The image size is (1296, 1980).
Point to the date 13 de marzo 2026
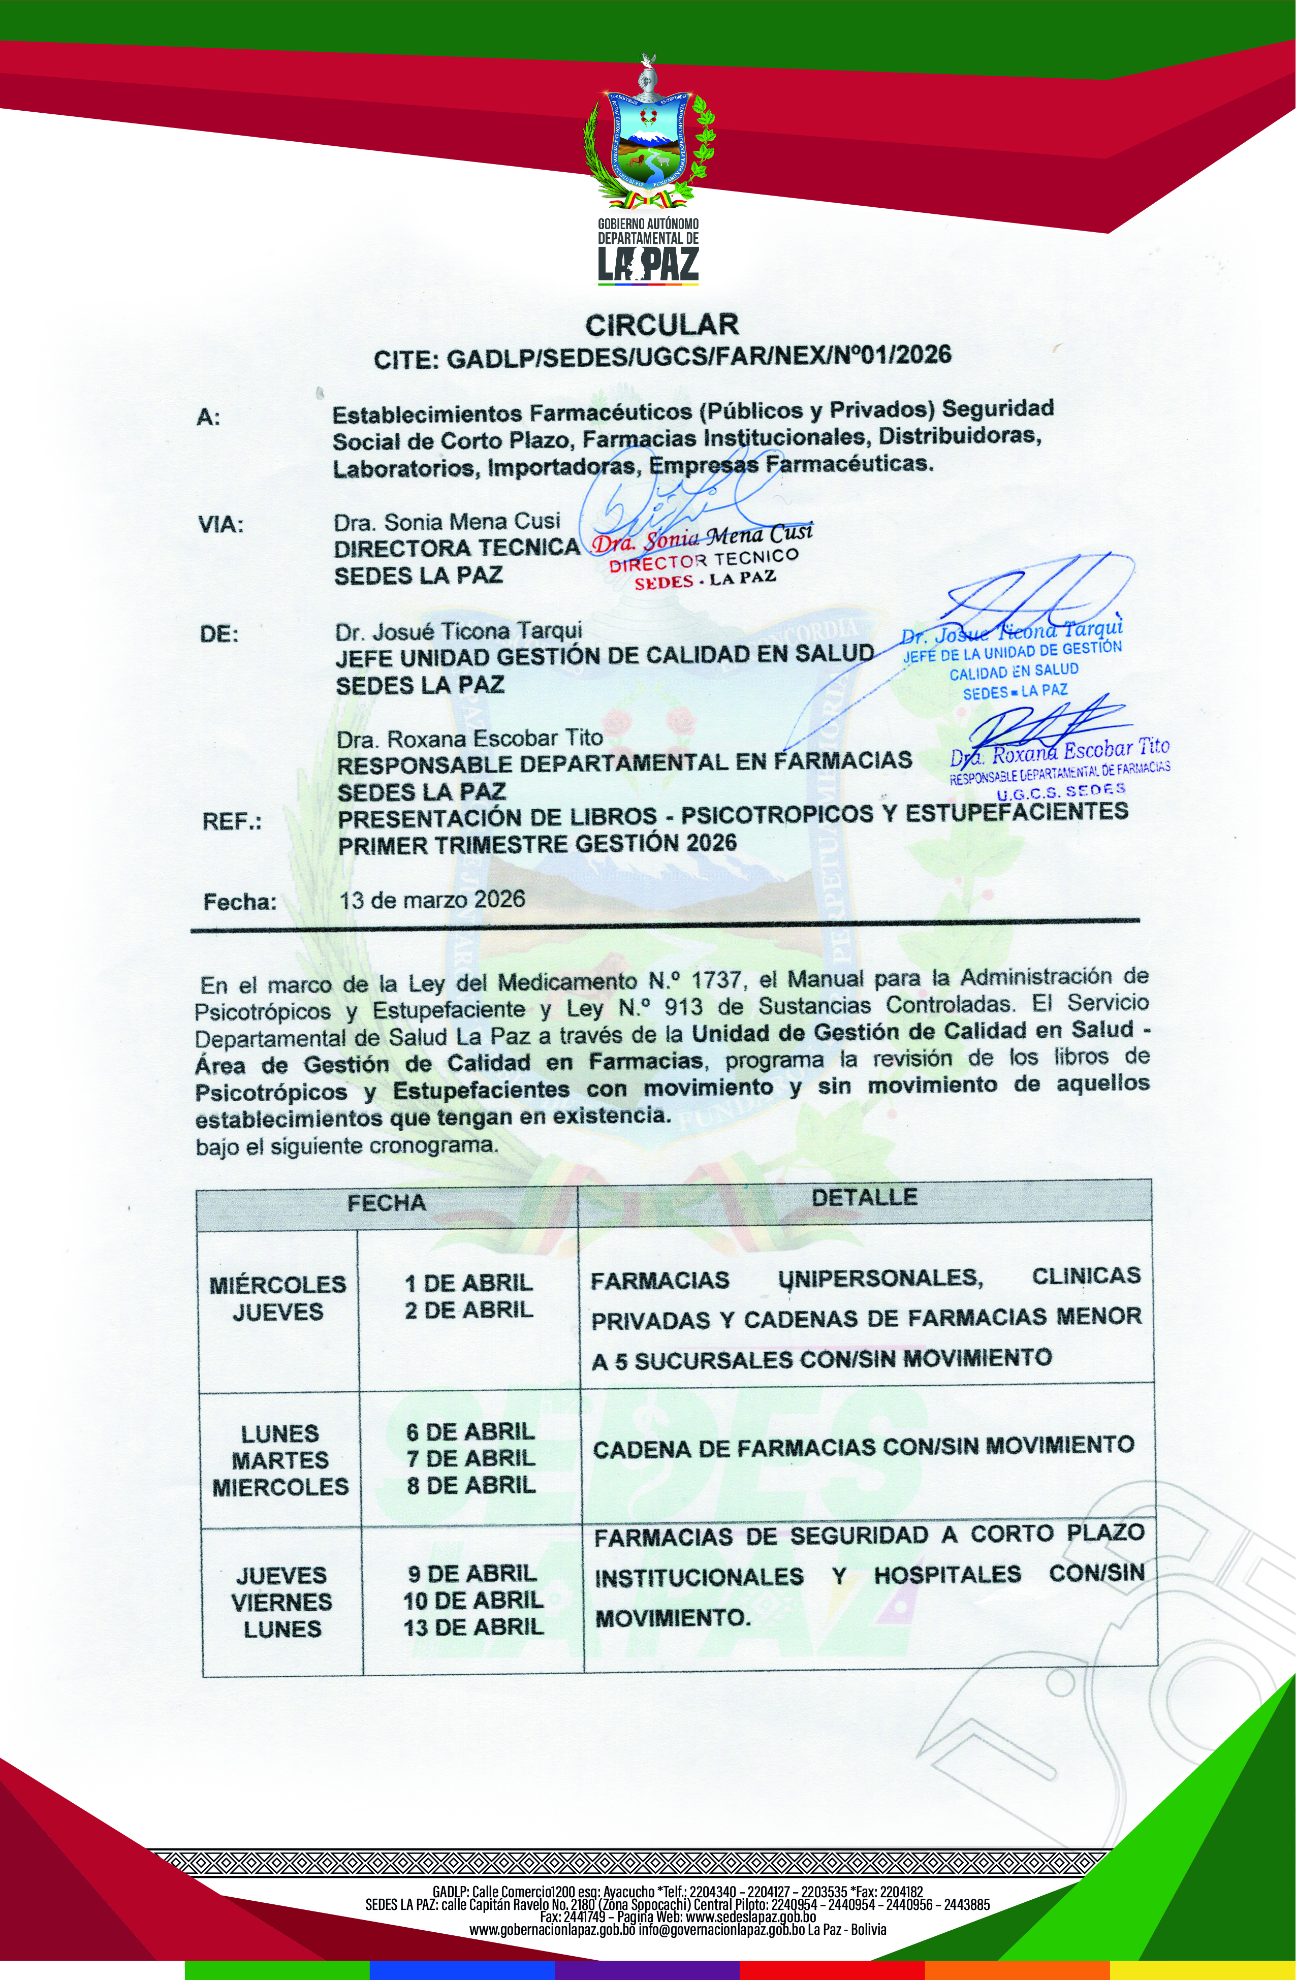pos(432,899)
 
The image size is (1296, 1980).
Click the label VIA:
pos(220,526)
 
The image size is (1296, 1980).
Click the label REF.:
pos(231,822)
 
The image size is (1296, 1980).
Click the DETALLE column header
pos(864,1197)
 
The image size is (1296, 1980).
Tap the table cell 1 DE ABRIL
pos(468,1282)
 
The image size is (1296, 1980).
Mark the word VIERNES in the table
pos(281,1602)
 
